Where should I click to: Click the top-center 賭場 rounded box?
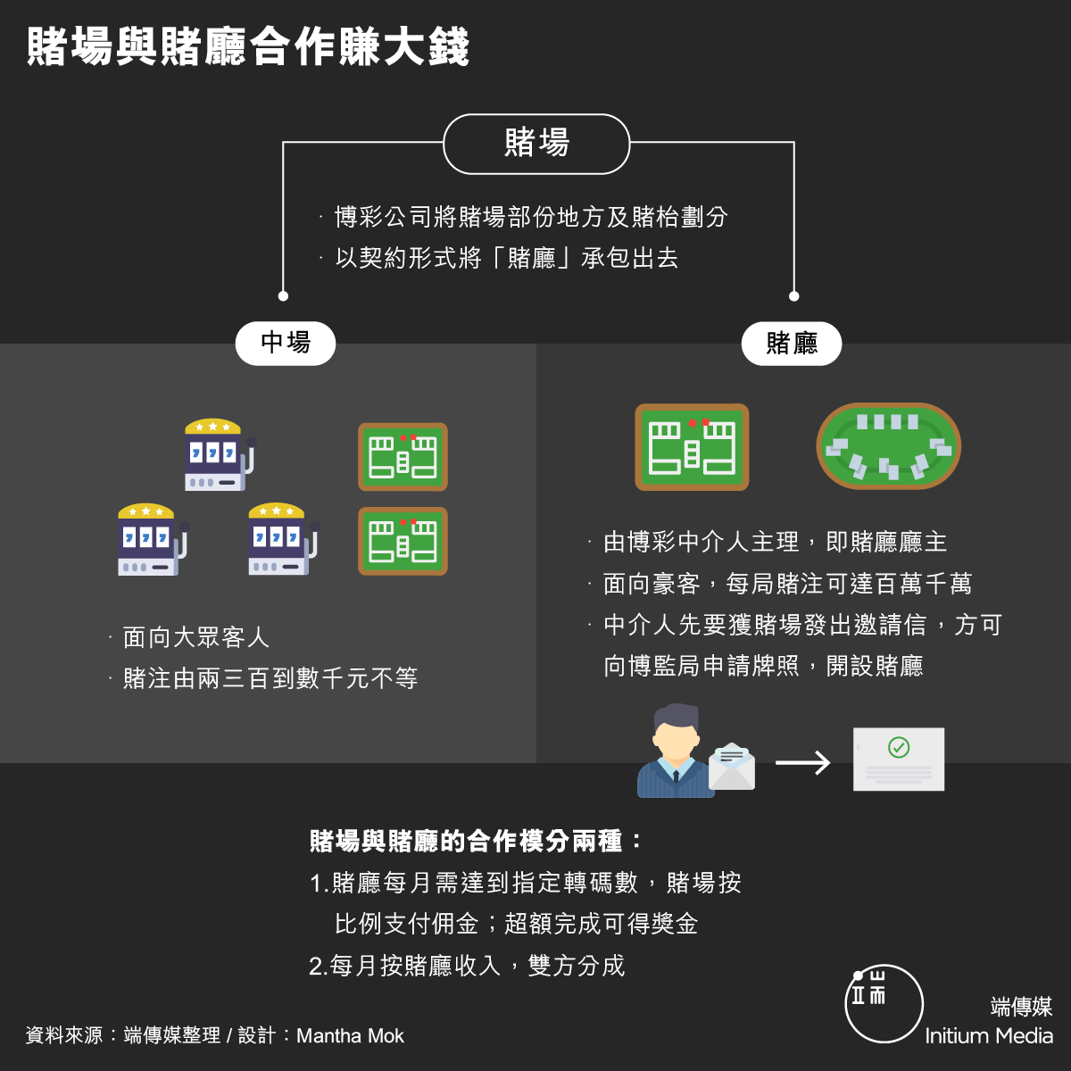536,144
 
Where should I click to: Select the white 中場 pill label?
286,343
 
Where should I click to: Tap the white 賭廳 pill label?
792,343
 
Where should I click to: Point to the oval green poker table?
888,446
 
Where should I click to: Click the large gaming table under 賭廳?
692,447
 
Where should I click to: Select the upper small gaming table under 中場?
403,457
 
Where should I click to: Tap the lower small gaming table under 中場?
403,542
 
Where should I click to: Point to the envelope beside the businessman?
732,767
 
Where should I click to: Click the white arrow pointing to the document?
802,762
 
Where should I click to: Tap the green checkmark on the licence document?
899,747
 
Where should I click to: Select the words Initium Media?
989,1036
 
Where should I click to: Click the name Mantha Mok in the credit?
350,1036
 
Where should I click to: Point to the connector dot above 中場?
283,296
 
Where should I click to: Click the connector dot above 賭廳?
794,296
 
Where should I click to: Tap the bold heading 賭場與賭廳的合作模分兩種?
466,841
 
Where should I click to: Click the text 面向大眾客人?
196,637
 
